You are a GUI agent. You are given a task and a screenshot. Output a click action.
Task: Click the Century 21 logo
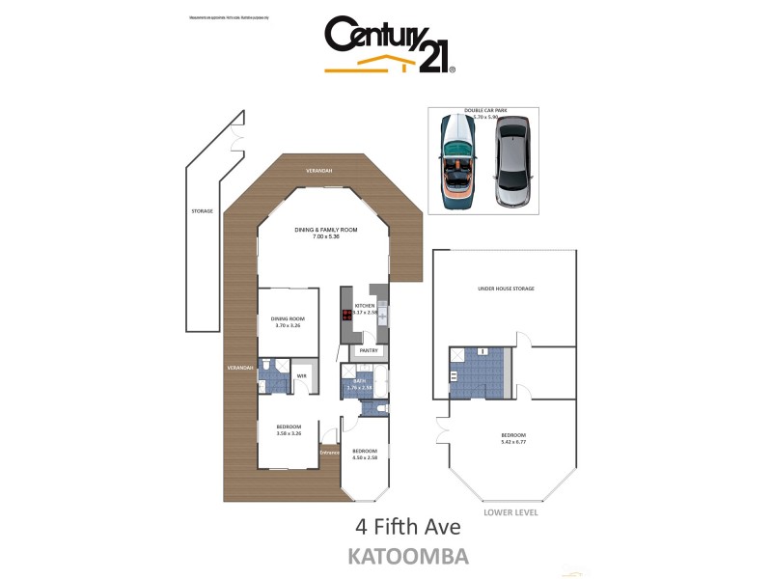click(x=389, y=45)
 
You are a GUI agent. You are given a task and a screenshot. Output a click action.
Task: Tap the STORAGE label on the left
click(x=202, y=209)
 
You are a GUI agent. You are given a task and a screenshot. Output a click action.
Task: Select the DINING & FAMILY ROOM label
click(x=326, y=233)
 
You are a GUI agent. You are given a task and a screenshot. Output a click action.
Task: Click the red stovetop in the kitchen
click(x=346, y=316)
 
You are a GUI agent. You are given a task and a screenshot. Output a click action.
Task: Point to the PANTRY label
click(x=370, y=350)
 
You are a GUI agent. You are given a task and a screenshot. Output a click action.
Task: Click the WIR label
click(x=302, y=375)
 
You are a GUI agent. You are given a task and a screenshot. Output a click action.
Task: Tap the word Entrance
click(x=329, y=453)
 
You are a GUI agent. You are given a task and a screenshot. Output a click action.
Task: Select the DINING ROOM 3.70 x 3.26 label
click(x=286, y=322)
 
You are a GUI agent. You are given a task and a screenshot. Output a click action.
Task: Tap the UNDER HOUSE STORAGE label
click(x=506, y=289)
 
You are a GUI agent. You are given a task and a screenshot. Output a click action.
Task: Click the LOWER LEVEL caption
click(x=511, y=512)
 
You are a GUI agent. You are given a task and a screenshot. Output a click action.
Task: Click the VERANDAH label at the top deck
click(x=319, y=171)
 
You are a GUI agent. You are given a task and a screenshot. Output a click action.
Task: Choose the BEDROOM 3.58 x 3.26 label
click(x=289, y=429)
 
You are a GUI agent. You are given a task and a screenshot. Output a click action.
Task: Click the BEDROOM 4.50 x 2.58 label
click(x=364, y=455)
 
